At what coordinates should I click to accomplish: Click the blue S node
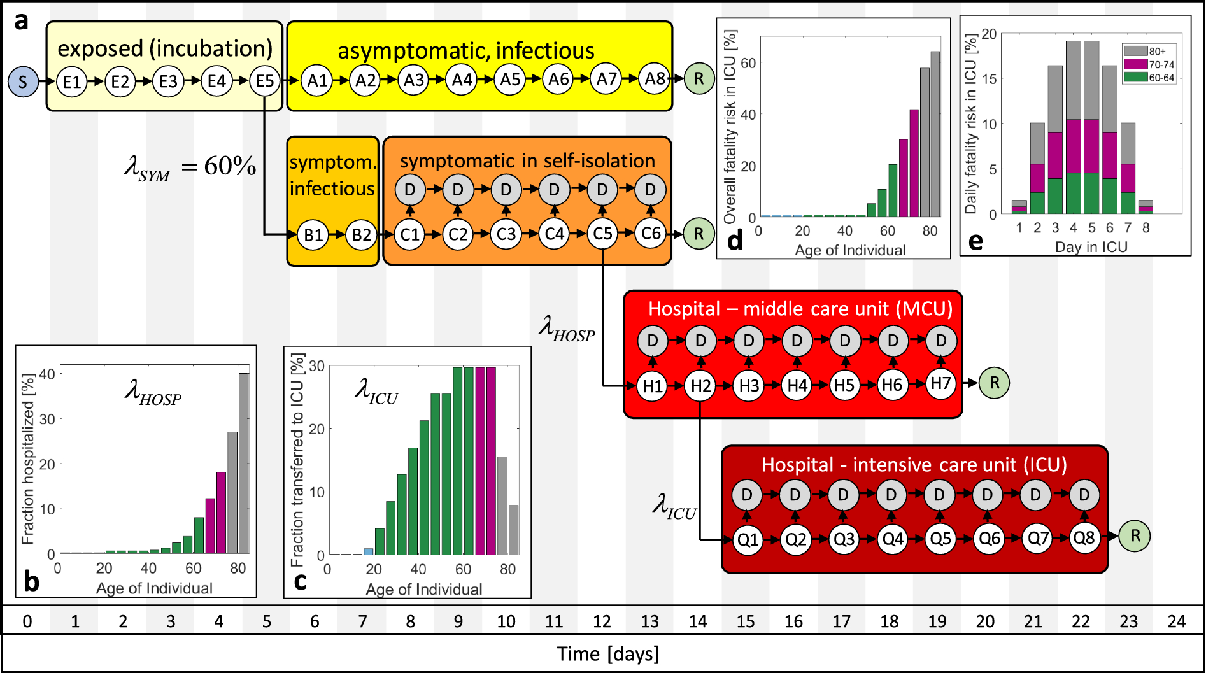click(x=23, y=81)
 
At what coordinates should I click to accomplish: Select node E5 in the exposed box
click(x=265, y=81)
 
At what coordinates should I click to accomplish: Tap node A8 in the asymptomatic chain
click(x=655, y=79)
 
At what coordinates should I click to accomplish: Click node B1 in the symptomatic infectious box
click(x=313, y=235)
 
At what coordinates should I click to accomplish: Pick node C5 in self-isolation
click(x=602, y=234)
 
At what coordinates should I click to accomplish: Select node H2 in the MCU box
click(x=700, y=386)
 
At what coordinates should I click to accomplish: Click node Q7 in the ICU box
click(x=1037, y=539)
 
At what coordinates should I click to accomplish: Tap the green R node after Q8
click(x=1135, y=536)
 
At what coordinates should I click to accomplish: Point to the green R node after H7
click(x=995, y=383)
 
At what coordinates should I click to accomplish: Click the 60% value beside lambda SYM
click(x=230, y=166)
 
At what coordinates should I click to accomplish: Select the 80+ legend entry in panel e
click(x=1149, y=51)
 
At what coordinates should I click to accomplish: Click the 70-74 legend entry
click(x=1149, y=64)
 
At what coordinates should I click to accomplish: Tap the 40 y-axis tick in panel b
click(x=47, y=374)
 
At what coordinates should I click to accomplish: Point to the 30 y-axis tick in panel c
click(x=316, y=366)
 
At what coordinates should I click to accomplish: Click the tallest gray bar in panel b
click(x=244, y=463)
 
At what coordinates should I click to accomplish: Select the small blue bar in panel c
click(x=368, y=551)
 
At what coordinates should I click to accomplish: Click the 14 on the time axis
click(x=698, y=621)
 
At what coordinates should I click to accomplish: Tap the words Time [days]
click(x=607, y=654)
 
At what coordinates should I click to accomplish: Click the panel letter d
click(x=735, y=241)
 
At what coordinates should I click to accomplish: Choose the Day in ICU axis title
click(x=1091, y=247)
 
